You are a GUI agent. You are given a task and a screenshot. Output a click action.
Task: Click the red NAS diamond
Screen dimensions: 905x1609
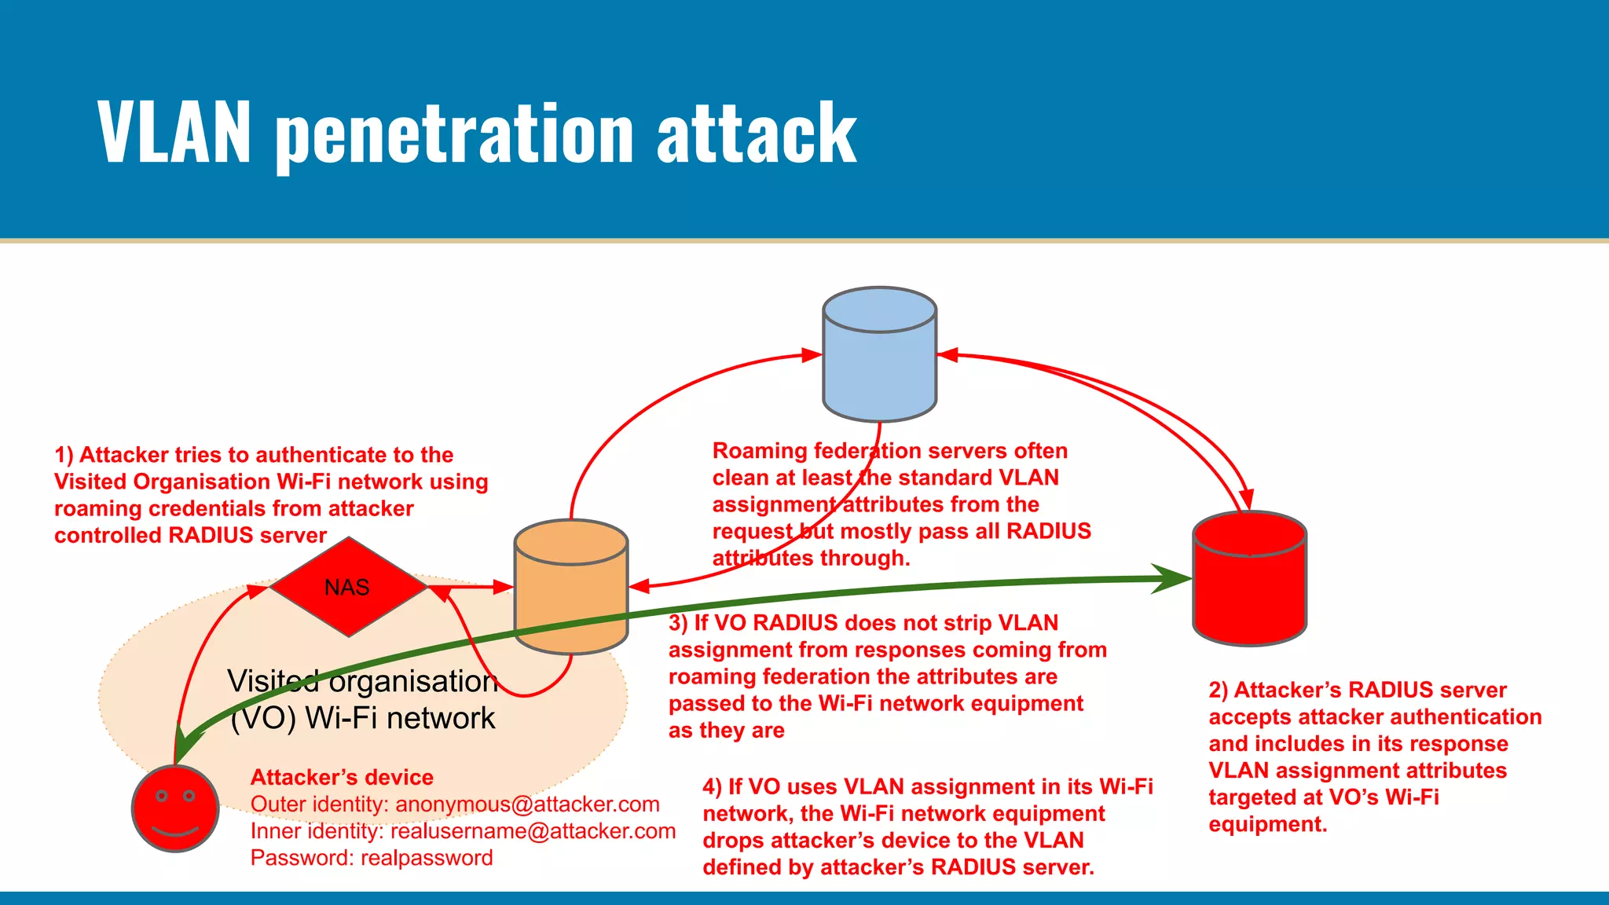click(348, 587)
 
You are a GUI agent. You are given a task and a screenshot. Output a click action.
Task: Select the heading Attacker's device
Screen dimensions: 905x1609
click(342, 777)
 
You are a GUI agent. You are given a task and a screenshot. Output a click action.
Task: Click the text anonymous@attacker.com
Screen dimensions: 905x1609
click(527, 804)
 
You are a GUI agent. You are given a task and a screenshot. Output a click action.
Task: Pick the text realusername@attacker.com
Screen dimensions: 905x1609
click(533, 831)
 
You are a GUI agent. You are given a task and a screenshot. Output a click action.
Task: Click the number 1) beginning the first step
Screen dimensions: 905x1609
click(64, 455)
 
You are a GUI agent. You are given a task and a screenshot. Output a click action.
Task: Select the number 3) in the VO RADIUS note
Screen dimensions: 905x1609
click(678, 623)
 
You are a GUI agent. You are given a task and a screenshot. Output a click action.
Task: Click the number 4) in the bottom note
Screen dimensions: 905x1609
click(712, 786)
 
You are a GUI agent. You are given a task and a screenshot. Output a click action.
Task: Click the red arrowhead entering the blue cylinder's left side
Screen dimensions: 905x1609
click(812, 355)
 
